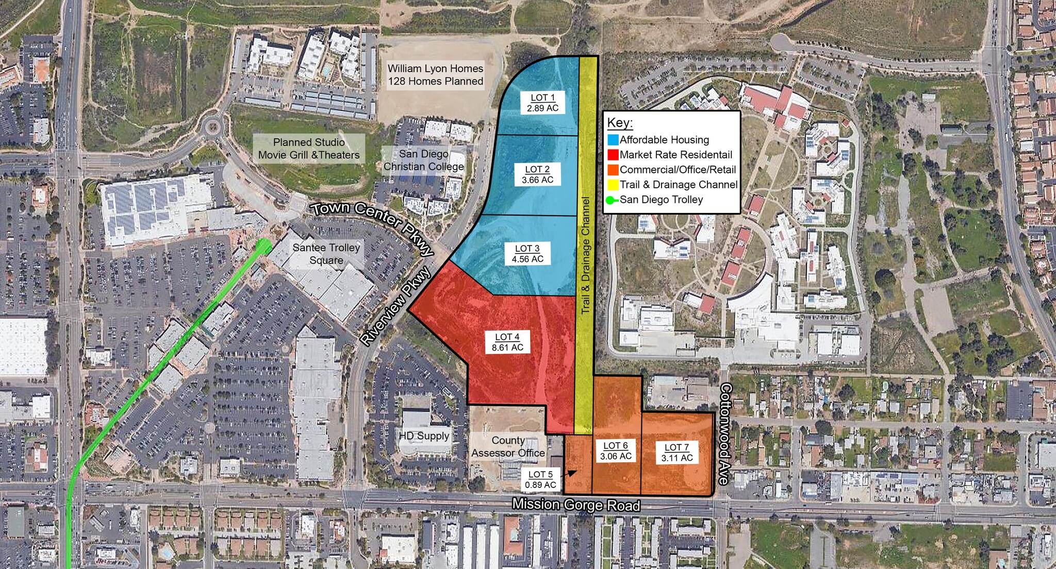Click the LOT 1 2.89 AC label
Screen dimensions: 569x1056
[x=542, y=103]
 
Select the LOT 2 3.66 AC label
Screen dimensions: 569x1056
[x=537, y=174]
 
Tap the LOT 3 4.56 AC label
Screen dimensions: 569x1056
[x=527, y=254]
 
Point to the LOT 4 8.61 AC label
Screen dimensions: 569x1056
[x=507, y=342]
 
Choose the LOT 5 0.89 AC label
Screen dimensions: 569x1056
[x=540, y=479]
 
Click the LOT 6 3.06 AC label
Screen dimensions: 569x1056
[x=616, y=451]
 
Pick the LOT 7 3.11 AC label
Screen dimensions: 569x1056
[x=677, y=452]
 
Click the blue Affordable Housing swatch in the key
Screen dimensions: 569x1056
[x=613, y=140]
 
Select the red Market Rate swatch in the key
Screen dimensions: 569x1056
[x=613, y=155]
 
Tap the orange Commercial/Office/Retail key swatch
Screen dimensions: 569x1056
[x=613, y=170]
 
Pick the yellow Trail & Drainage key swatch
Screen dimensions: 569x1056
[x=613, y=185]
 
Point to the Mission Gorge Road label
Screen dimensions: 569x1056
[x=576, y=505]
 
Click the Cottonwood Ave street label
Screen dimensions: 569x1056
[x=725, y=434]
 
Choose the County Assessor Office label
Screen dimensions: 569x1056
[x=508, y=447]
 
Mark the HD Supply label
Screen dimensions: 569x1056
[x=424, y=436]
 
